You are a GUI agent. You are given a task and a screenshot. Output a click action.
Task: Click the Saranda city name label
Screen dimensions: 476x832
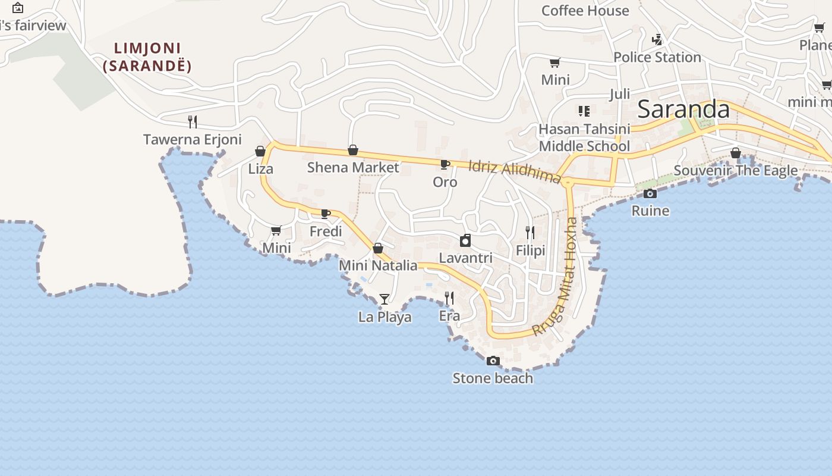pyautogui.click(x=683, y=109)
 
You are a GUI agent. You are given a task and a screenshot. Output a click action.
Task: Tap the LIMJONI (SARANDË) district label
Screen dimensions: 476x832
pyautogui.click(x=147, y=57)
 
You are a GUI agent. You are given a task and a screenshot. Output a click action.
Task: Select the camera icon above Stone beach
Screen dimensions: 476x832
pyautogui.click(x=493, y=361)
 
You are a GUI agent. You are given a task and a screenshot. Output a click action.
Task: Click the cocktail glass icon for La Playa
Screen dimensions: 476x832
pyautogui.click(x=385, y=299)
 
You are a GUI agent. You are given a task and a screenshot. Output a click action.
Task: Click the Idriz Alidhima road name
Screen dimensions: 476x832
pyautogui.click(x=515, y=171)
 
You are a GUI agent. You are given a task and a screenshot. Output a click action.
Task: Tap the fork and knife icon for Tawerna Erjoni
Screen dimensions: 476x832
pyautogui.click(x=192, y=122)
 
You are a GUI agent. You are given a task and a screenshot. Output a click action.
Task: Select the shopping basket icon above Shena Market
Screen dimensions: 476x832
pyautogui.click(x=352, y=150)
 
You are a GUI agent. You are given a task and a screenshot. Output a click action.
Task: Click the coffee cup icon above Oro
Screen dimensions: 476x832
pyautogui.click(x=445, y=164)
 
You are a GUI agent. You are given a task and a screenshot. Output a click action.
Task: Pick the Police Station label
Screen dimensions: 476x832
pyautogui.click(x=657, y=57)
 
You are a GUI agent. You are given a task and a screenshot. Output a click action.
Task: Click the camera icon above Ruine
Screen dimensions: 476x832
pyautogui.click(x=650, y=193)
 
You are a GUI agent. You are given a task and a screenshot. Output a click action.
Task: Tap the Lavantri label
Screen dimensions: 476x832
pyautogui.click(x=465, y=258)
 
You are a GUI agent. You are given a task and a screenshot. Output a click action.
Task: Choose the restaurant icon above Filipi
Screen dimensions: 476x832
pyautogui.click(x=530, y=233)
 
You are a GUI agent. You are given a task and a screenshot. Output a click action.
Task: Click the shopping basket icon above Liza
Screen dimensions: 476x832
pyautogui.click(x=260, y=151)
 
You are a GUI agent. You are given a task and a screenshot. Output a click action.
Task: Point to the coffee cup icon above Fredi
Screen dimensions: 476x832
pyautogui.click(x=326, y=214)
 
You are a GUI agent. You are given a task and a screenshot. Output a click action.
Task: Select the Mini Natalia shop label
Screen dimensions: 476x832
pyautogui.click(x=378, y=265)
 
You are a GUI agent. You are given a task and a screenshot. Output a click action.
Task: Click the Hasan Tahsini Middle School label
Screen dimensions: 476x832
pyautogui.click(x=584, y=137)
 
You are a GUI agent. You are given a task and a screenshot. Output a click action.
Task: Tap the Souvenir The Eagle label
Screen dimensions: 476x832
pyautogui.click(x=736, y=171)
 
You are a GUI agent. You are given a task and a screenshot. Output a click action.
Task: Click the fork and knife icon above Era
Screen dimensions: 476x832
pyautogui.click(x=449, y=298)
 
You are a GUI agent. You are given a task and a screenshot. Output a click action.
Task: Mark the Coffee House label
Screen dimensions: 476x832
pyautogui.click(x=585, y=11)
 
